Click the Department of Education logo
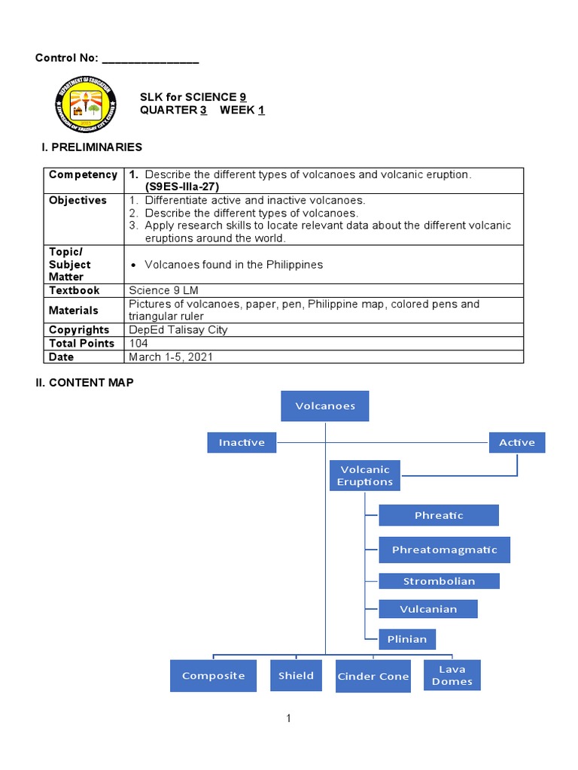[x=85, y=105]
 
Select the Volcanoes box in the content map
[x=325, y=406]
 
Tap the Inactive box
[x=242, y=442]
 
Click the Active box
[x=517, y=442]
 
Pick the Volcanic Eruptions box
[x=365, y=475]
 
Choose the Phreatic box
[x=439, y=515]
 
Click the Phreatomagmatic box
[x=444, y=550]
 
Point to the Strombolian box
[x=439, y=581]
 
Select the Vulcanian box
[x=428, y=609]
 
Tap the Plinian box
[x=407, y=639]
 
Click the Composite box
[x=214, y=675]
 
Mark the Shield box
[x=296, y=675]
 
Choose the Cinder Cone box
[x=373, y=676]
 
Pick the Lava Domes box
[x=452, y=675]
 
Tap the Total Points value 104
[x=138, y=344]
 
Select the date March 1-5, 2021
[x=171, y=357]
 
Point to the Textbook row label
[x=75, y=290]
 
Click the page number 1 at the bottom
[x=288, y=719]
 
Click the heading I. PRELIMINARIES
[x=92, y=147]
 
